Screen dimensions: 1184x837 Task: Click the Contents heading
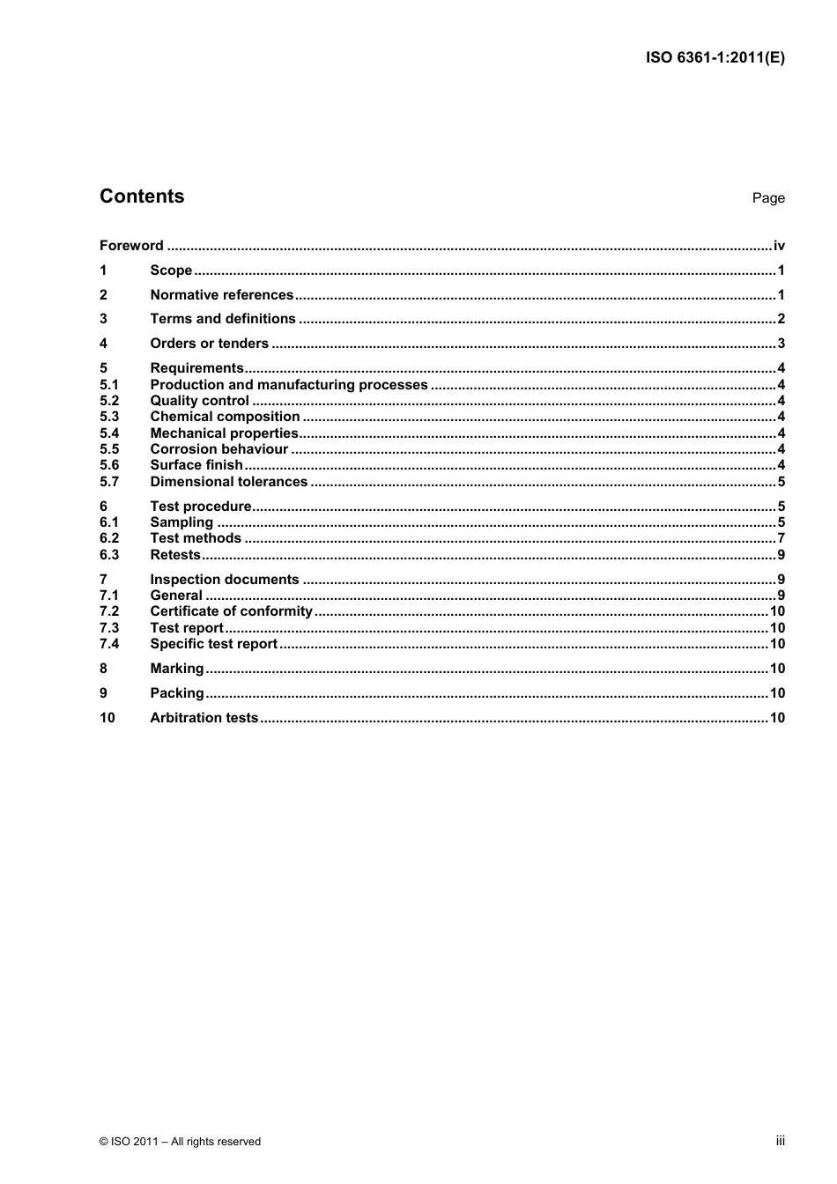tap(142, 196)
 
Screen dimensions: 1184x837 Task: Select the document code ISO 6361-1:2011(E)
tap(715, 58)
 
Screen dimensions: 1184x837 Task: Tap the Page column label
tap(767, 198)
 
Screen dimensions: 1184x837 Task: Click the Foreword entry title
tap(131, 246)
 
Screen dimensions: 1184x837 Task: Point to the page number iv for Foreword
tap(779, 246)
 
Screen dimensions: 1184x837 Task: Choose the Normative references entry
tap(221, 295)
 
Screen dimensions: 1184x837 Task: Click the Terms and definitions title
tap(223, 319)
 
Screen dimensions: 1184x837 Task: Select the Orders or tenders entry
tap(209, 344)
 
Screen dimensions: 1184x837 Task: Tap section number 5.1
tap(108, 385)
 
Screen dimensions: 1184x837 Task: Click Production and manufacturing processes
tap(288, 385)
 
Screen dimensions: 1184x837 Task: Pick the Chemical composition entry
tap(225, 417)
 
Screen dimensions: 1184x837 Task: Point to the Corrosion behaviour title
tap(219, 449)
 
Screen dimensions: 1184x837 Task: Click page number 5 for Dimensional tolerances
tap(781, 482)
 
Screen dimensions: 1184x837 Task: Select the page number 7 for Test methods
tap(781, 538)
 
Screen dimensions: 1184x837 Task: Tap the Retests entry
tap(175, 555)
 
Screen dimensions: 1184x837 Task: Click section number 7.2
tap(108, 611)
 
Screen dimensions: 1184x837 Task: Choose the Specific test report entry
tap(213, 644)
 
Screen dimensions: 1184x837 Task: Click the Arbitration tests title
tap(204, 718)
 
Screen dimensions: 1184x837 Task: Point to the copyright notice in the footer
tap(180, 1142)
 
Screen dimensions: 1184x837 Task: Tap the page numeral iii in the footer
tap(780, 1141)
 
